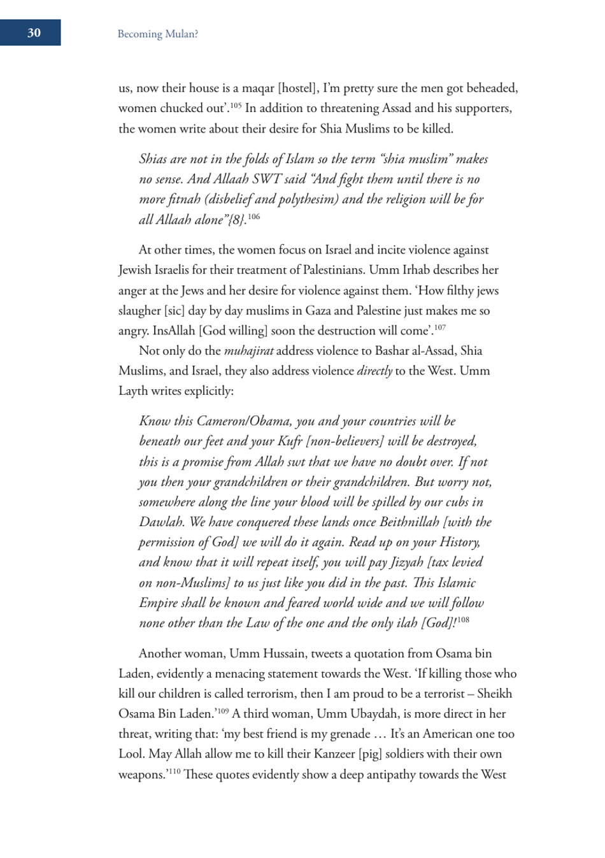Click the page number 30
click(34, 33)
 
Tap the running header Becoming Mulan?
click(157, 34)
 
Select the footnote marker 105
click(235, 105)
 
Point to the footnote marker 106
click(253, 217)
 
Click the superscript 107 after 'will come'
click(439, 327)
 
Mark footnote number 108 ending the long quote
click(463, 620)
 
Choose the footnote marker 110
click(174, 771)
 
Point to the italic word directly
click(374, 371)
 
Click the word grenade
click(360, 734)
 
